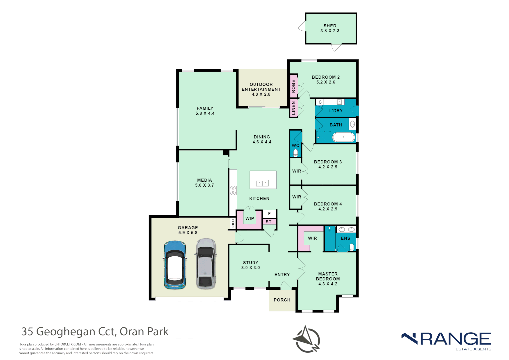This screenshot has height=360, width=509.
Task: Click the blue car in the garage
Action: [x=174, y=265]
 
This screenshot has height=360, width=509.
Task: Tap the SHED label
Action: [x=330, y=26]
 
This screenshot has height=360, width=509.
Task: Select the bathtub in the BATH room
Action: [x=343, y=137]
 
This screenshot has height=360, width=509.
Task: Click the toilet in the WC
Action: [x=295, y=153]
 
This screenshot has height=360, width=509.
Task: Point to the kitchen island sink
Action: [x=262, y=183]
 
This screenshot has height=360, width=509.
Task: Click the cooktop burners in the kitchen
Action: [x=233, y=190]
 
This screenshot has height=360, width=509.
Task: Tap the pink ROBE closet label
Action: [x=293, y=86]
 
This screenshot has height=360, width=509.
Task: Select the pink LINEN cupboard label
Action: [x=293, y=108]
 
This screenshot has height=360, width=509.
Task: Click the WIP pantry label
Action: [x=250, y=219]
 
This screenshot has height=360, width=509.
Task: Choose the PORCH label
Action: [x=282, y=300]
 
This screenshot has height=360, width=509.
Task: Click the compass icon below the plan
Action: [x=307, y=339]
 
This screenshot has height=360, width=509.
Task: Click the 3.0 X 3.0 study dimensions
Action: [x=251, y=268]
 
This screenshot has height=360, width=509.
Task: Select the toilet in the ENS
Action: [x=351, y=247]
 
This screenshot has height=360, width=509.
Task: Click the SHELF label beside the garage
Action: [x=233, y=223]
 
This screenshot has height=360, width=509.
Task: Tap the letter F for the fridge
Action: [x=269, y=214]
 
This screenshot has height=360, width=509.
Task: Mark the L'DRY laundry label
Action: [x=336, y=111]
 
